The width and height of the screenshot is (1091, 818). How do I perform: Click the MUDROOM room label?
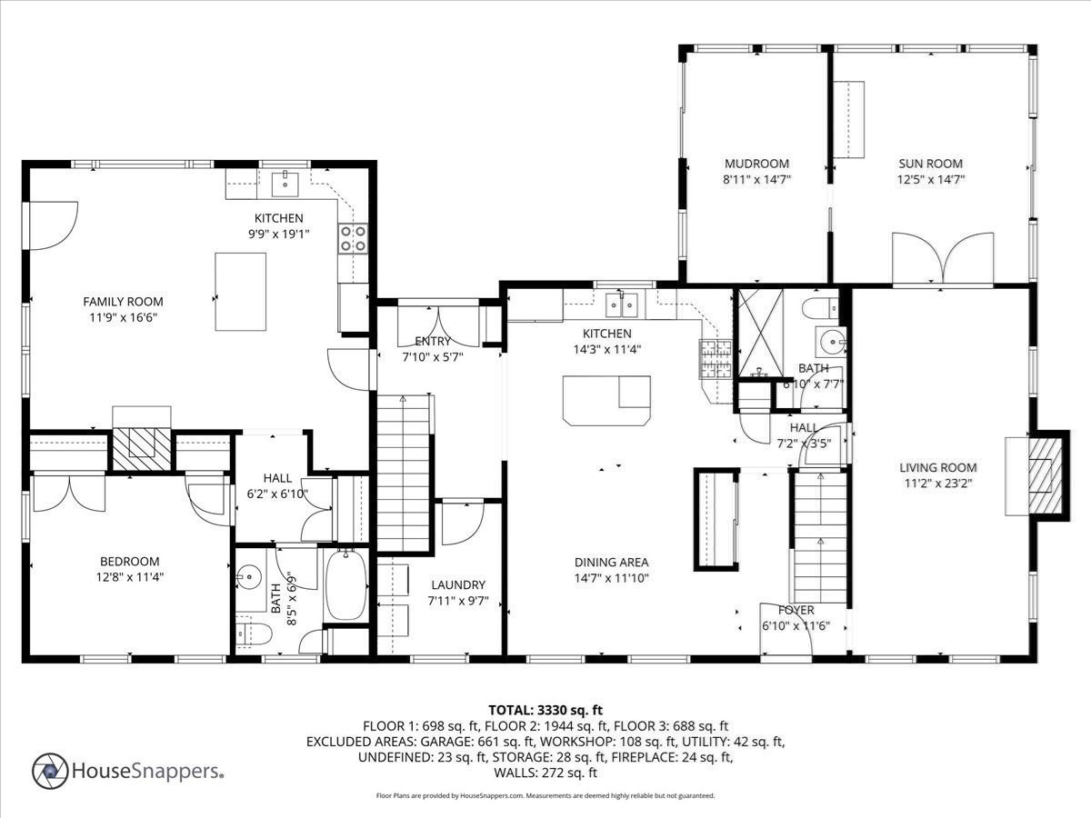756,165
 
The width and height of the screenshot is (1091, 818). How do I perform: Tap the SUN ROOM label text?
930,165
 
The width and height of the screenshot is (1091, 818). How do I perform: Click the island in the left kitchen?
240,291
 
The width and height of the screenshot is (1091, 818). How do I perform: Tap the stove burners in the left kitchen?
353,238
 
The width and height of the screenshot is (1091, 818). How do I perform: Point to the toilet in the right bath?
823,307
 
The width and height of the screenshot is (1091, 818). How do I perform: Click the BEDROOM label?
128,562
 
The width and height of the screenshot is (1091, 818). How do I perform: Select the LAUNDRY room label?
458,585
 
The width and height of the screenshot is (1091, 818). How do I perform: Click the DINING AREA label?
611,563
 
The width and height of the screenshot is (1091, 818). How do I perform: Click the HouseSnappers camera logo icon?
51,771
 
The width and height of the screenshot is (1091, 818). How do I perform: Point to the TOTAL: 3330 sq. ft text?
545,710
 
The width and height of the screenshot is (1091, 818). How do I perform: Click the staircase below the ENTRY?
404,473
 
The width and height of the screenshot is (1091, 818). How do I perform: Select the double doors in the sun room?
943,258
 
